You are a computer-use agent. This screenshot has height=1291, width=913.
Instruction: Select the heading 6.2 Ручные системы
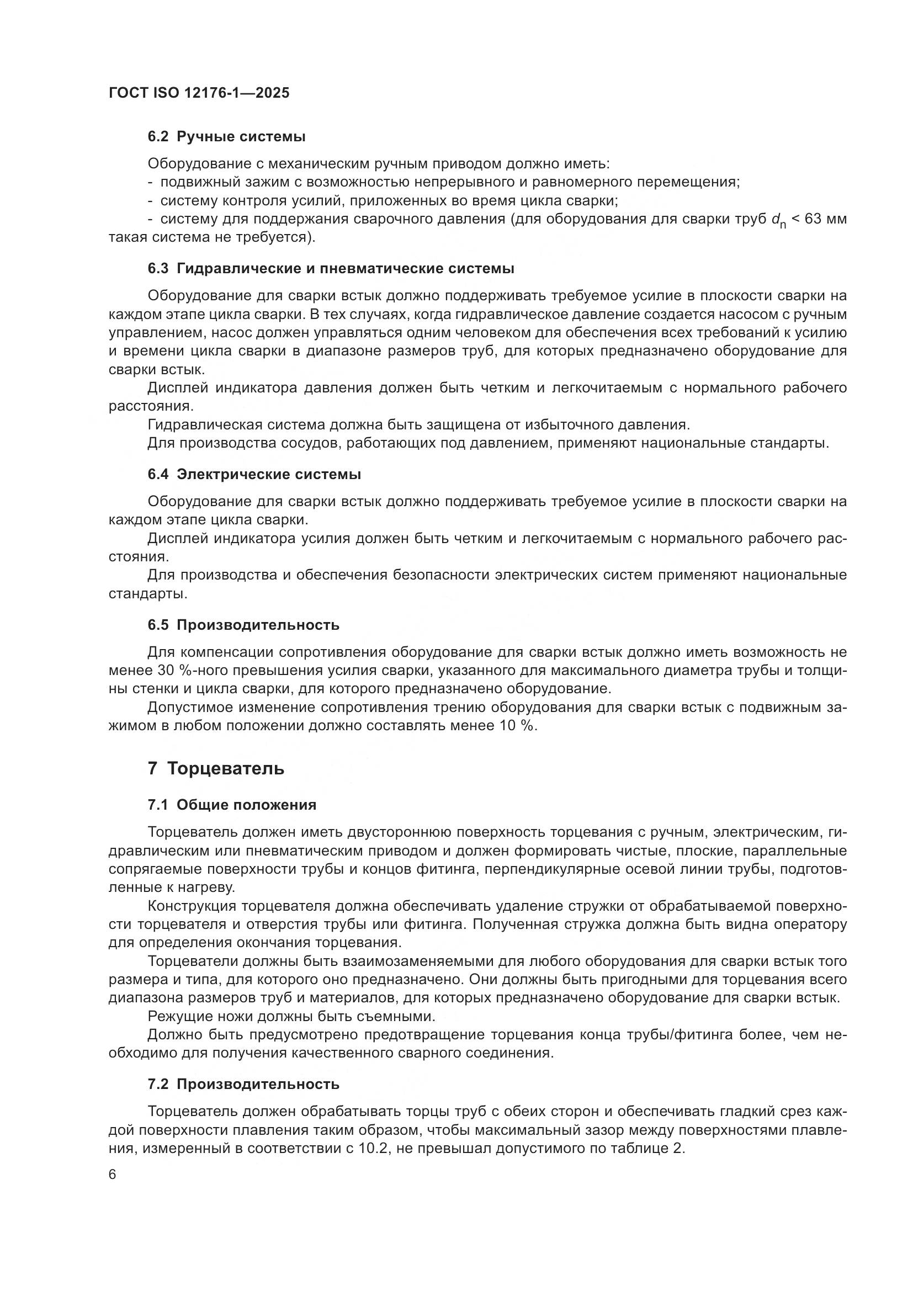(x=226, y=137)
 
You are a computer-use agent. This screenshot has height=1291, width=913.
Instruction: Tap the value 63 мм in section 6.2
(x=826, y=219)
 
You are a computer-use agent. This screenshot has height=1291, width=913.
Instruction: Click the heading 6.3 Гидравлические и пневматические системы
(x=331, y=269)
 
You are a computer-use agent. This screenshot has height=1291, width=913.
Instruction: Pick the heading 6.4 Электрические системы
(x=254, y=475)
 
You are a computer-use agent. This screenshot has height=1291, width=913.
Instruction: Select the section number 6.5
(x=158, y=625)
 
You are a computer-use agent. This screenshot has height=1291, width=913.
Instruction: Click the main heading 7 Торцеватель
(x=216, y=769)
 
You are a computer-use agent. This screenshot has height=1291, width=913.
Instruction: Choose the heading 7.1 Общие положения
(x=232, y=805)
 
